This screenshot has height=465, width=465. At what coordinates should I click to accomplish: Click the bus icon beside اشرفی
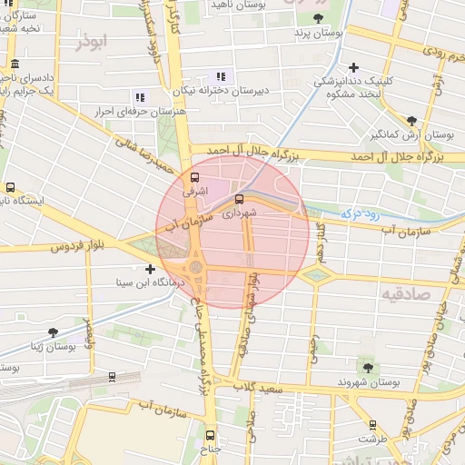tap(194, 177)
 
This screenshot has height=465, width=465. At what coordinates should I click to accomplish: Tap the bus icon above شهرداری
tap(240, 199)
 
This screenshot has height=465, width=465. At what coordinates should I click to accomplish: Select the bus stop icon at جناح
tap(211, 435)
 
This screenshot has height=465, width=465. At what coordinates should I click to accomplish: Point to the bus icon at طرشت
tap(372, 424)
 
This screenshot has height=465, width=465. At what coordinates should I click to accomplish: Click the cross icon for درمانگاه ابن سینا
tap(151, 268)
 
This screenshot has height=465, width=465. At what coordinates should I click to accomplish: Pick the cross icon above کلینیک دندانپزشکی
tap(353, 66)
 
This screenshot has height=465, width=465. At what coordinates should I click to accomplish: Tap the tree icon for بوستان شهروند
tap(368, 368)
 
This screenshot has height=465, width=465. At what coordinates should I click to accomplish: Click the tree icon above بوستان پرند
tap(318, 18)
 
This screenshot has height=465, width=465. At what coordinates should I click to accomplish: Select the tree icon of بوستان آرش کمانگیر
tap(411, 120)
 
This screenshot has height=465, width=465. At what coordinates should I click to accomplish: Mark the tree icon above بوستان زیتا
tap(53, 331)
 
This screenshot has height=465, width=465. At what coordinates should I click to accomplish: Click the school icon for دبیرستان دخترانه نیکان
tap(219, 76)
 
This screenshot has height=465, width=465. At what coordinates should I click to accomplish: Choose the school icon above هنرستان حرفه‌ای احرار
tap(139, 96)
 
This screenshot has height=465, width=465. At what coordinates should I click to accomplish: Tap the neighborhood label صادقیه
tap(404, 295)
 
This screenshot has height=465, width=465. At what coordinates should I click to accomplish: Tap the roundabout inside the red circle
tap(196, 268)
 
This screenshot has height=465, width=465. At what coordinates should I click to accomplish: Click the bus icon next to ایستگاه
tap(10, 187)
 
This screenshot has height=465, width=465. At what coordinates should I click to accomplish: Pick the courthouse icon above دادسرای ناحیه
tap(15, 64)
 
